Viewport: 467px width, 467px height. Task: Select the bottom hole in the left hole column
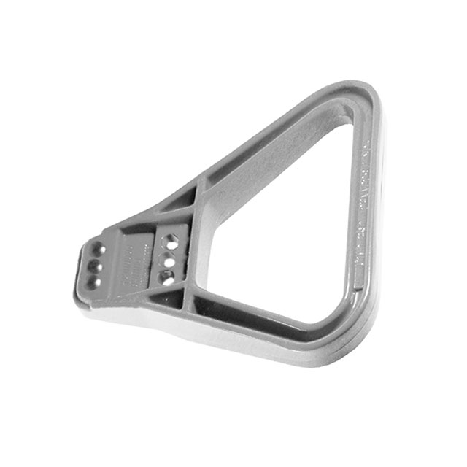(93, 281)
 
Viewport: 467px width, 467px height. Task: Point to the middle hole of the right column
(169, 258)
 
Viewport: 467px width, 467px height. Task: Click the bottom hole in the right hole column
(167, 277)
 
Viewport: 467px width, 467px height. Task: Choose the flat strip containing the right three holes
(170, 259)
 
